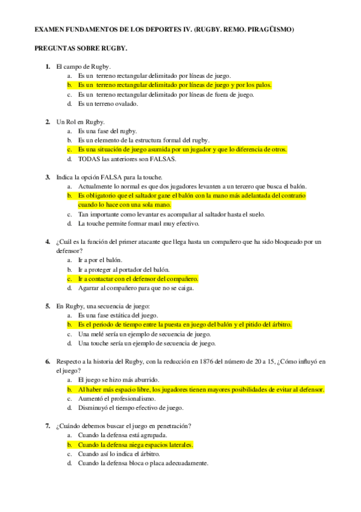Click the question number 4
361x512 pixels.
click(48, 242)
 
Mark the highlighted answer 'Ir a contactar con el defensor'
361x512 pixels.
click(138, 279)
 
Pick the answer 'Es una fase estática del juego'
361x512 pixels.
click(118, 315)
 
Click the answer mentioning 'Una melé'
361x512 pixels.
click(144, 334)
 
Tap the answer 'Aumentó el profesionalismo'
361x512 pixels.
click(117, 399)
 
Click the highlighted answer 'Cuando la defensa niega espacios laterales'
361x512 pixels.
click(136, 445)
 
